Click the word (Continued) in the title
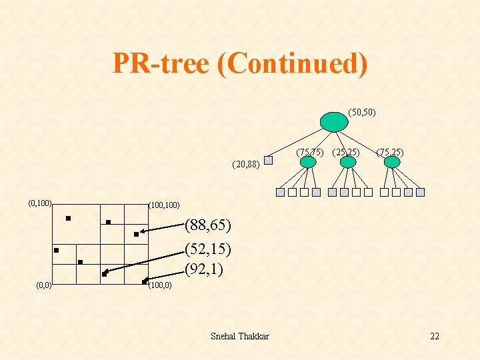[x=291, y=64]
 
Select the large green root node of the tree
[x=333, y=121]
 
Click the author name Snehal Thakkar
[x=239, y=336]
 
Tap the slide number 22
[x=435, y=336]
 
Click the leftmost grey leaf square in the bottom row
[x=281, y=193]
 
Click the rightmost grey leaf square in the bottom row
[x=421, y=193]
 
